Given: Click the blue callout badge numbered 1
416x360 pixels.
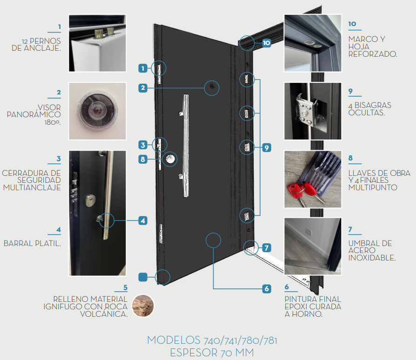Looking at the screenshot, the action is pyautogui.click(x=143, y=68).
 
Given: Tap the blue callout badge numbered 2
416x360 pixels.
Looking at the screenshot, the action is pyautogui.click(x=143, y=88).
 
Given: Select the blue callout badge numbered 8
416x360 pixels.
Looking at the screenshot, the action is pyautogui.click(x=143, y=160).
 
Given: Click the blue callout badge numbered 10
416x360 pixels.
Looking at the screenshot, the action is pyautogui.click(x=267, y=43).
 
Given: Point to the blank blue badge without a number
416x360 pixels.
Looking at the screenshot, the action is pyautogui.click(x=143, y=277).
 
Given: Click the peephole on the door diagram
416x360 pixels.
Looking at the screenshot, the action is pyautogui.click(x=212, y=87).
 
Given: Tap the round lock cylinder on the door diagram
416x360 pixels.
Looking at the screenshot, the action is pyautogui.click(x=170, y=159).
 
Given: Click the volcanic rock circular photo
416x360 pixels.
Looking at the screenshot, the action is pyautogui.click(x=143, y=306).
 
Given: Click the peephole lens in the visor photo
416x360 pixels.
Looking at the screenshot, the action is pyautogui.click(x=97, y=110).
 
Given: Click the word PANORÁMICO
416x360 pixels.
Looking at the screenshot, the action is pyautogui.click(x=34, y=114).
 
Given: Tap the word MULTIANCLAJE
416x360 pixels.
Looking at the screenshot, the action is pyautogui.click(x=32, y=187).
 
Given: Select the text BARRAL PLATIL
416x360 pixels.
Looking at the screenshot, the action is pyautogui.click(x=32, y=243).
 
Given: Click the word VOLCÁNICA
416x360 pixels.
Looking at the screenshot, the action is pyautogui.click(x=104, y=314).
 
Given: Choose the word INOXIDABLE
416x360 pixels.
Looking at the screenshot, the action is pyautogui.click(x=372, y=258).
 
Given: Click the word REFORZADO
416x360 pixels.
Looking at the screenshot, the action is pyautogui.click(x=373, y=54).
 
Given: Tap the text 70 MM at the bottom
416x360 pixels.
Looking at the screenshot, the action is pyautogui.click(x=237, y=353).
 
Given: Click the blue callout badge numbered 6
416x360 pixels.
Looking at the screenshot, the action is pyautogui.click(x=267, y=289).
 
